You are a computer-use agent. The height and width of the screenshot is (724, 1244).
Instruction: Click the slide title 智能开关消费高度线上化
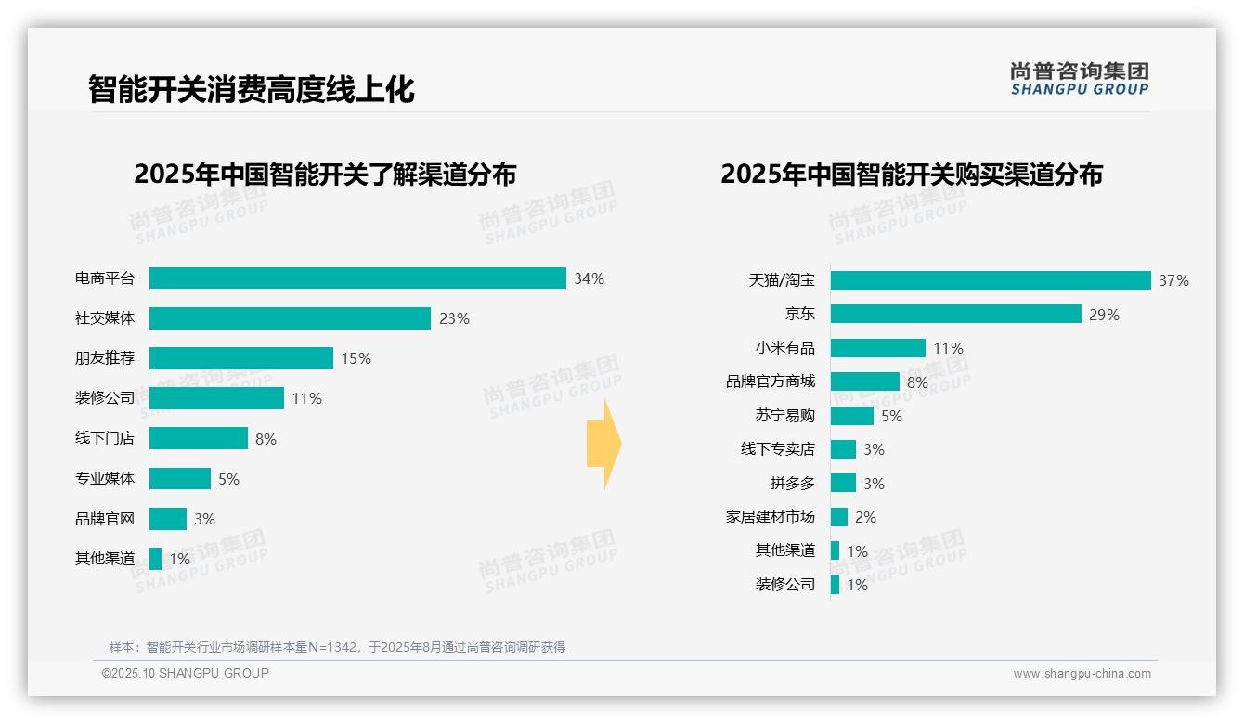click(251, 89)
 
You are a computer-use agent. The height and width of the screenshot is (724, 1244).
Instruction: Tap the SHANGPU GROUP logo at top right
click(1079, 79)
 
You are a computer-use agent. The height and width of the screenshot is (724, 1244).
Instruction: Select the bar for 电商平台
click(357, 278)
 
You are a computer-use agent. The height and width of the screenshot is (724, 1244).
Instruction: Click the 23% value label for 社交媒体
click(454, 318)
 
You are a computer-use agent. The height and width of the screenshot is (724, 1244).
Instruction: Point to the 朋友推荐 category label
click(105, 358)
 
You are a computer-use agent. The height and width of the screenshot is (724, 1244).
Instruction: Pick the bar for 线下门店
click(199, 438)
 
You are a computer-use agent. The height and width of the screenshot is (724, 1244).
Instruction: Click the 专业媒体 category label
click(105, 479)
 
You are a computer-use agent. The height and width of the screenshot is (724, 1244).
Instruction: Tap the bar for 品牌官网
click(168, 519)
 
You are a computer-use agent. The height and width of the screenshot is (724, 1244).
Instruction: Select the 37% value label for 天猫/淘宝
click(1173, 280)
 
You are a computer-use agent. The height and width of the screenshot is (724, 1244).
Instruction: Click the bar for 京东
click(955, 314)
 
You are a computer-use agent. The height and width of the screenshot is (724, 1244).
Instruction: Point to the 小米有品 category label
click(785, 348)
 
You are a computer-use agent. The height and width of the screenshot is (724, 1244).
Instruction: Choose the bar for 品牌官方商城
click(864, 381)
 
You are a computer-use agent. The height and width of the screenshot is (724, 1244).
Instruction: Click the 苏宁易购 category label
click(785, 416)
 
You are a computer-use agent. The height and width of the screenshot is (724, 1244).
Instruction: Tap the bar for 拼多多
click(843, 483)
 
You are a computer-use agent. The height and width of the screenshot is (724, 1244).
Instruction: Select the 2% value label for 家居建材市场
click(865, 517)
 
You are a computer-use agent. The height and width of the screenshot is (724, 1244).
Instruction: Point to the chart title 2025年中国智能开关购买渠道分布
click(911, 175)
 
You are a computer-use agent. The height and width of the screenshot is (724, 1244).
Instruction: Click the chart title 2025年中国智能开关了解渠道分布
click(325, 175)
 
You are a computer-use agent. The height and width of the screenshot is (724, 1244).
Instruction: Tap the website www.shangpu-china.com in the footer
click(1082, 674)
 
